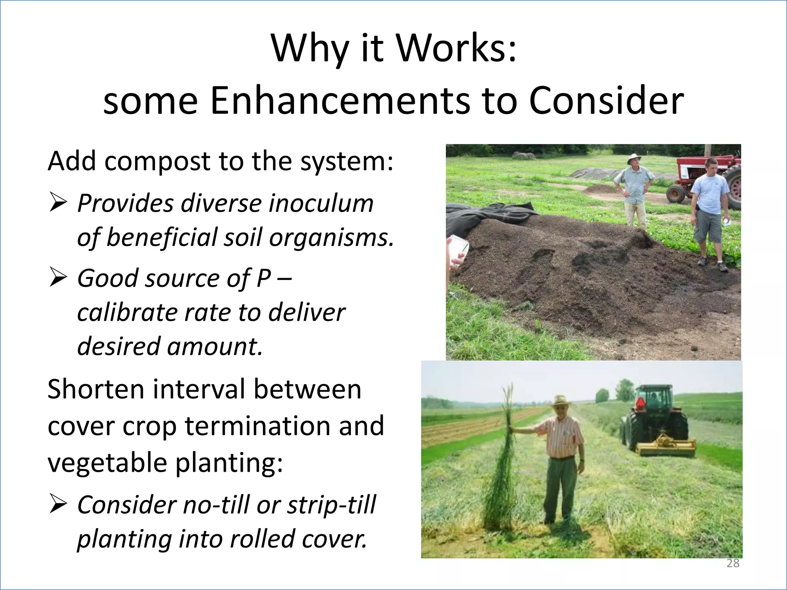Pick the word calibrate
[x=127, y=312]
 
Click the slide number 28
[x=733, y=563]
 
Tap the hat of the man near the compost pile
[x=634, y=158]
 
